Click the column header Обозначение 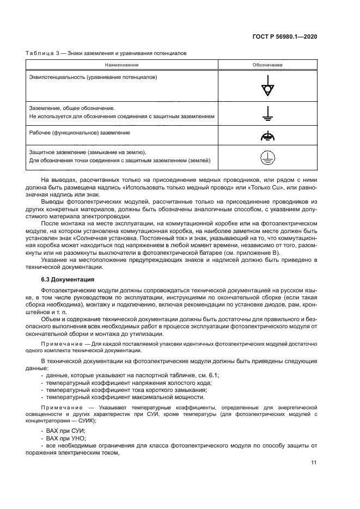coord(267,65)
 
